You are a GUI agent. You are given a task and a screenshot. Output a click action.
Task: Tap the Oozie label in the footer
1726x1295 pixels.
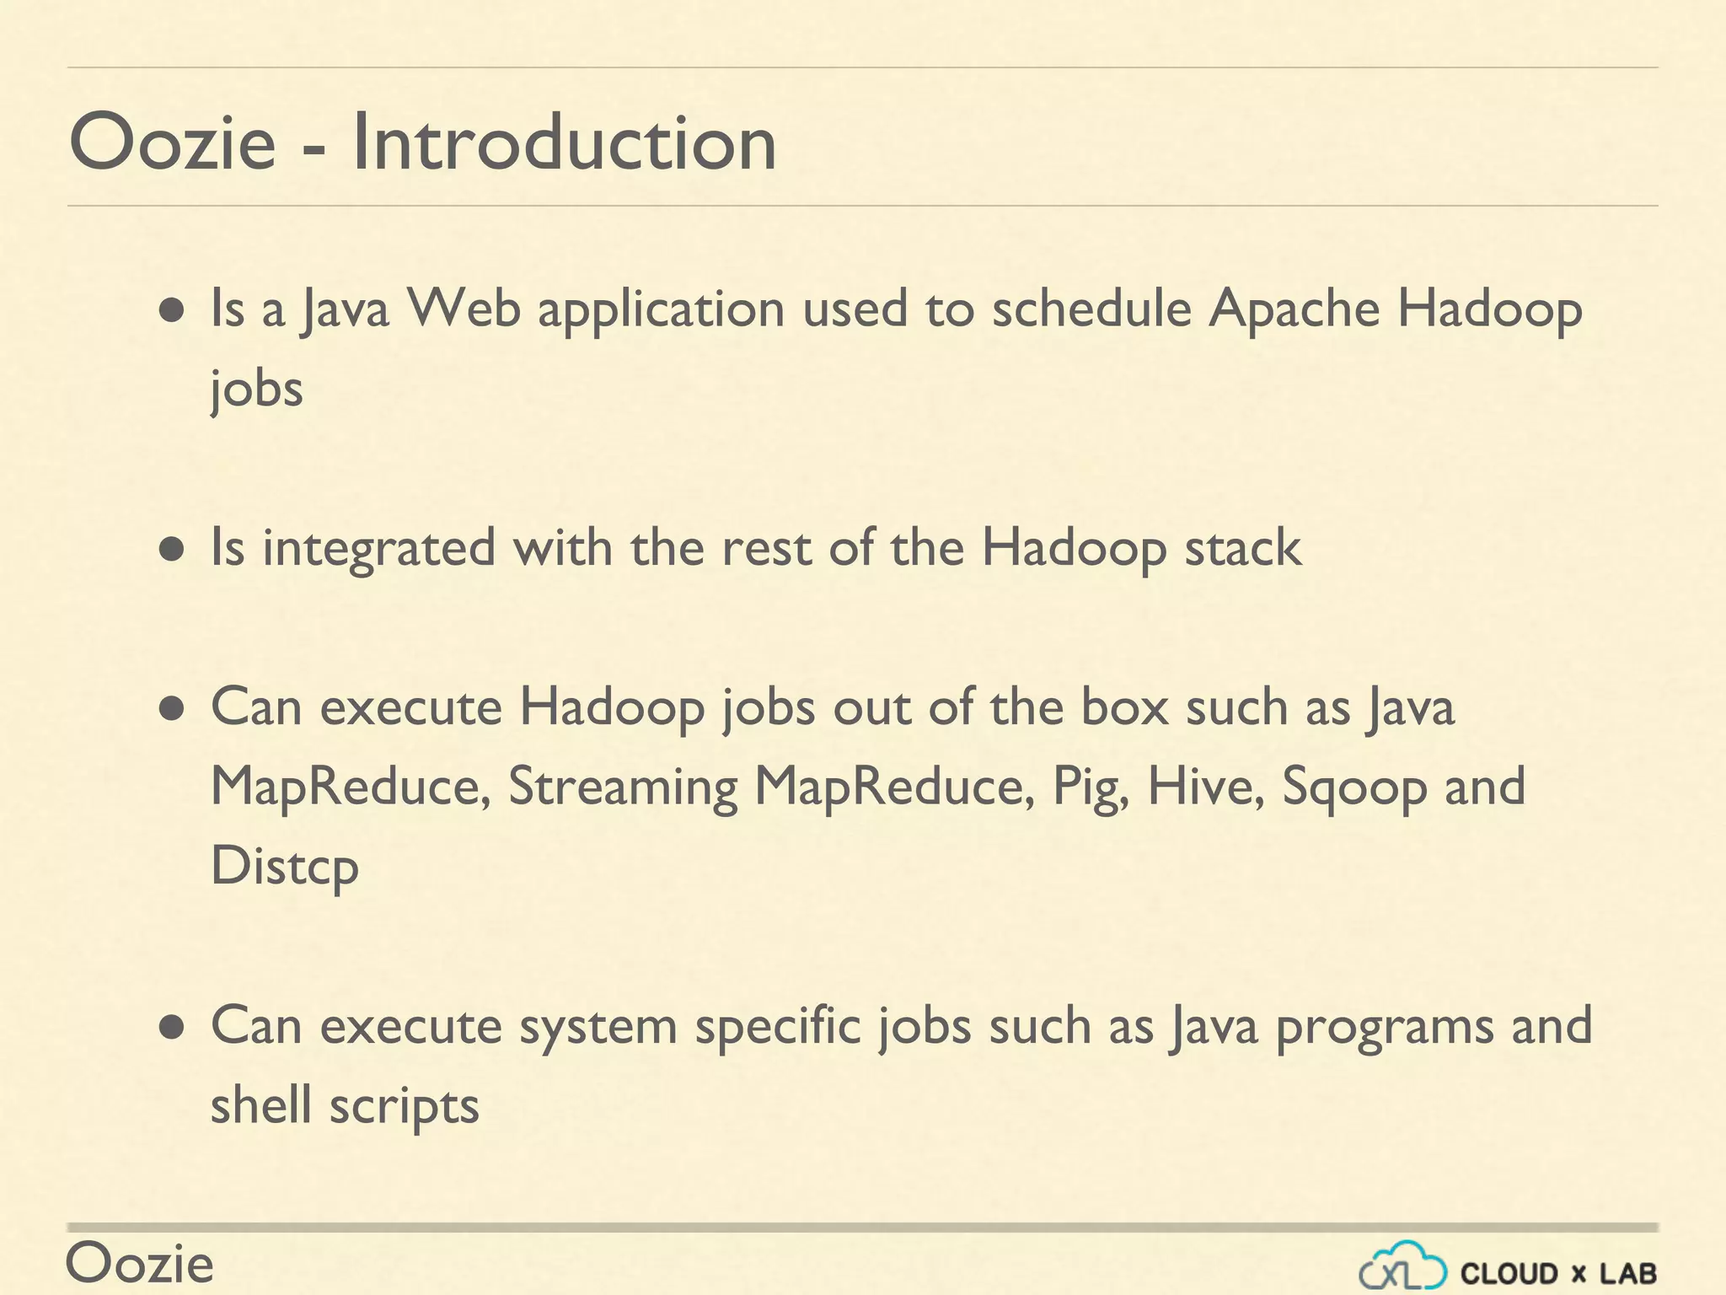point(140,1264)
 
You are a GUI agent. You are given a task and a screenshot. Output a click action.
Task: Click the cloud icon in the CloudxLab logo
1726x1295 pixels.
point(1402,1265)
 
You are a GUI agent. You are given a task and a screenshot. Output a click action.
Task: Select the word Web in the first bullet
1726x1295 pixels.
point(464,308)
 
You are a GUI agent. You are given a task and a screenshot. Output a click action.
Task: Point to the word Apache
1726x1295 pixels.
point(1294,309)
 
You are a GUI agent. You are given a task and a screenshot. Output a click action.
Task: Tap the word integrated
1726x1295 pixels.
point(378,549)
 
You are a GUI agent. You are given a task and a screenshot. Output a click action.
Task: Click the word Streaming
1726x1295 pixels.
point(623,787)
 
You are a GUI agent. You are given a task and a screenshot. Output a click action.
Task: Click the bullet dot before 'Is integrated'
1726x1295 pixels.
point(172,551)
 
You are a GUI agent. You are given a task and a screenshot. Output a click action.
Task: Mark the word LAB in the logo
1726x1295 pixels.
point(1628,1273)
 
